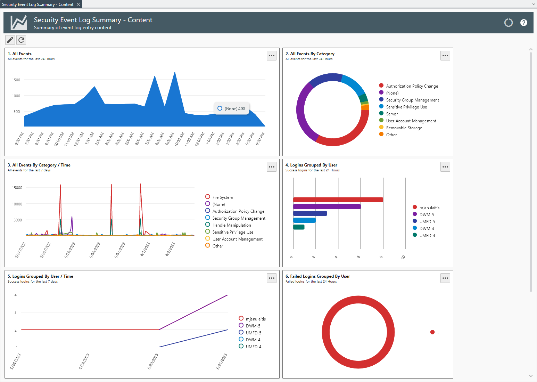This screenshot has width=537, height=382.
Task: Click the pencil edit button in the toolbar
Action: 10,40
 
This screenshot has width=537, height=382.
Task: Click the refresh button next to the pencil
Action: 21,40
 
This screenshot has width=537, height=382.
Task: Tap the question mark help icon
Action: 523,23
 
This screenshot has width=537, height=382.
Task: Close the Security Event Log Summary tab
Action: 79,5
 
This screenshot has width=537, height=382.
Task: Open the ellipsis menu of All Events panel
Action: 271,56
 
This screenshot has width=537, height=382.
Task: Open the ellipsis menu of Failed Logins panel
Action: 445,278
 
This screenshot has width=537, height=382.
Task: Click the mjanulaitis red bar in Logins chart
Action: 338,200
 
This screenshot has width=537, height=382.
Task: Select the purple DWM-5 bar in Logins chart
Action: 327,206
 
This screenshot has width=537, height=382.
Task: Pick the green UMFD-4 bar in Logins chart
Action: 299,227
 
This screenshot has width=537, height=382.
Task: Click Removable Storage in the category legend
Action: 404,128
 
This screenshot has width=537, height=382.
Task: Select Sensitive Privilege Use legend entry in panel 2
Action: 406,107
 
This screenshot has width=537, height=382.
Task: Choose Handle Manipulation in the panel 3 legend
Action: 231,225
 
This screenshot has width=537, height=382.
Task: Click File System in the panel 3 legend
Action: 222,197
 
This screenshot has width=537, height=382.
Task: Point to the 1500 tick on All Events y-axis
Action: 16,80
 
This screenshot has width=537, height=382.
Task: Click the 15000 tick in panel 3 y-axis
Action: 17,188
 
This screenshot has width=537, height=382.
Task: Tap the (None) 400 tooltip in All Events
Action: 231,108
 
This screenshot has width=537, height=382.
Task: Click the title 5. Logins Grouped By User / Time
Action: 40,276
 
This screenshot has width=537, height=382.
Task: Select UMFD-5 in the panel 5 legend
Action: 253,333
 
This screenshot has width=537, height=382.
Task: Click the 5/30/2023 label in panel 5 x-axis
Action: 153,361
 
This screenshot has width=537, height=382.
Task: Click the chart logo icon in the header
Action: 19,23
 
